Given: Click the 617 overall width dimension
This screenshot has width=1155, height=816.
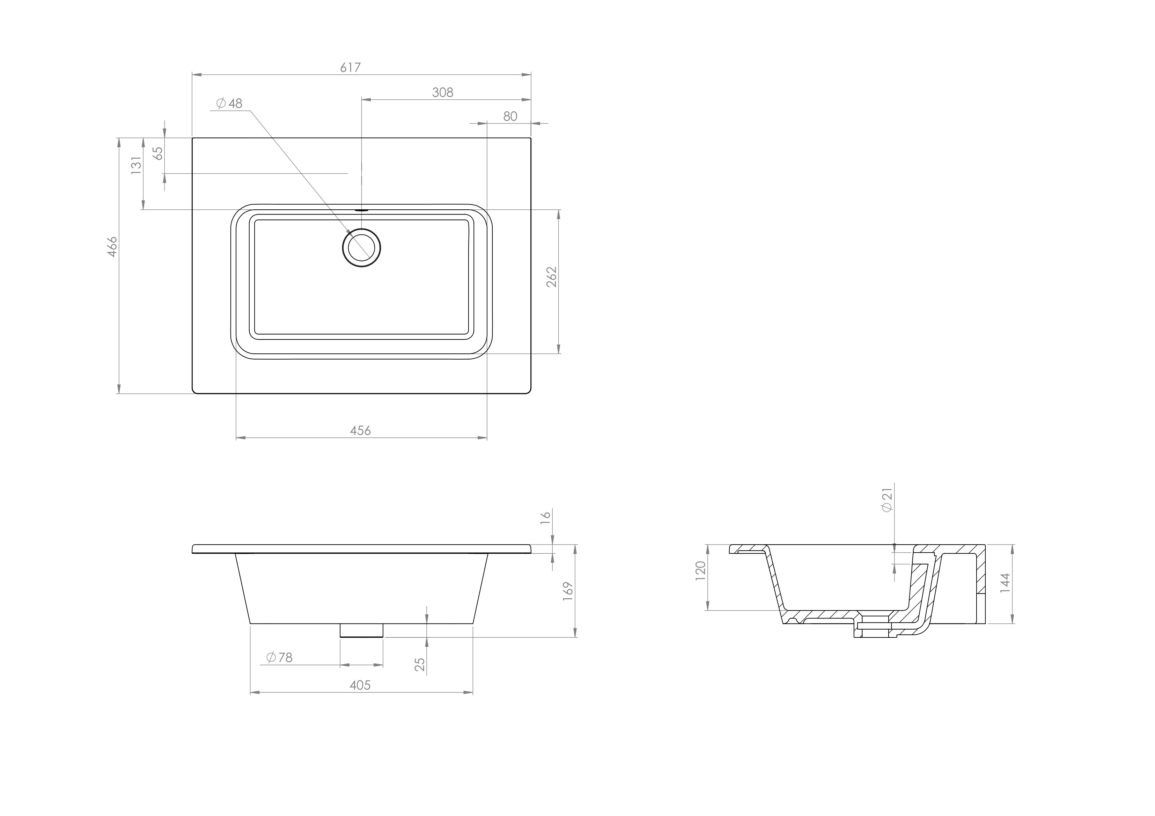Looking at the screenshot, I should [350, 67].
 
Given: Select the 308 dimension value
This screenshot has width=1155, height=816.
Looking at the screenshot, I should [443, 92].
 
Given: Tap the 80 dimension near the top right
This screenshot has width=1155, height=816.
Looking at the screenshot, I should [510, 116].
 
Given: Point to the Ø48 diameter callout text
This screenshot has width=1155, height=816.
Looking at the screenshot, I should [229, 104].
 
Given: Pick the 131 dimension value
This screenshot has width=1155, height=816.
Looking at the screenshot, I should [136, 165].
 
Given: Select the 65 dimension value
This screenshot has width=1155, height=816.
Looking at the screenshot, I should [158, 153].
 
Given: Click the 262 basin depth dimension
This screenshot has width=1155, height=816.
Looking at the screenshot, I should [552, 277].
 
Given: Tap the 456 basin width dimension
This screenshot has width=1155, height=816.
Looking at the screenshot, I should [360, 431].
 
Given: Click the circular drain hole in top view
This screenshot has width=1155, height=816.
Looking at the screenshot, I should [361, 247].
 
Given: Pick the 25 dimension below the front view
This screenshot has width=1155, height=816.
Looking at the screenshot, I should [420, 665].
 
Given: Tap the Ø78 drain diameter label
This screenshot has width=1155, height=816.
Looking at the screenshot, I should [279, 657].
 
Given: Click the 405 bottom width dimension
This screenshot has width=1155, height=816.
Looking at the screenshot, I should [360, 685].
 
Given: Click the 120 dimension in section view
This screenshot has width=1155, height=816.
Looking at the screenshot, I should [701, 571].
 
